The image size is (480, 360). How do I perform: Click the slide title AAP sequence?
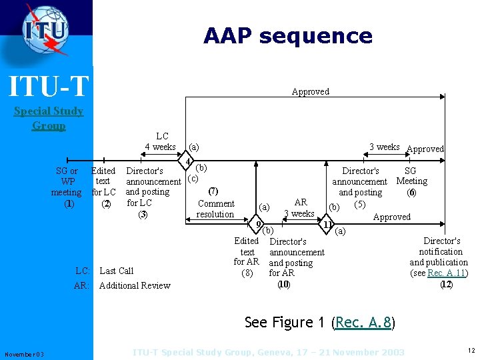[x=287, y=35]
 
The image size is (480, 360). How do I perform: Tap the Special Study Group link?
[x=49, y=118]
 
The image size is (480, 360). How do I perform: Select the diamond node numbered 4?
[x=189, y=162]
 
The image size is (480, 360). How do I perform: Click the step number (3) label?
[x=142, y=215]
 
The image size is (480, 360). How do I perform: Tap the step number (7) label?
[x=215, y=191]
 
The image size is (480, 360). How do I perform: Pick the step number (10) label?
[x=283, y=284]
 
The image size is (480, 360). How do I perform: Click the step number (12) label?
[x=446, y=284]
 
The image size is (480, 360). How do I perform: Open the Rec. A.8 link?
[x=364, y=323]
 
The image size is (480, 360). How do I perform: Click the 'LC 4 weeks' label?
[x=161, y=141]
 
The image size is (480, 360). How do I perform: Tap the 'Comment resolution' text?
[x=215, y=209]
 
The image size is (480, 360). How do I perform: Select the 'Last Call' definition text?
[x=116, y=271]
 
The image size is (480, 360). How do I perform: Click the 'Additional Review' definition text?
[x=135, y=285]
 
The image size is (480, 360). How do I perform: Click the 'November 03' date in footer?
[x=24, y=354]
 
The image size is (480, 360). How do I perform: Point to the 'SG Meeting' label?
[x=411, y=176]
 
